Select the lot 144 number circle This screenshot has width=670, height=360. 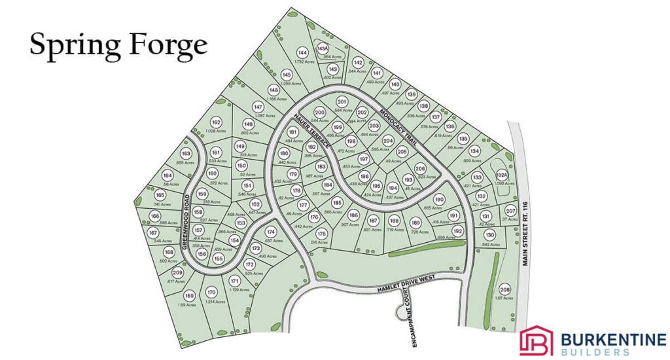[x=302, y=53]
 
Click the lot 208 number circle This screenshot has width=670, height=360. [x=505, y=290]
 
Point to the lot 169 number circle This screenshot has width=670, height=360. [x=189, y=295]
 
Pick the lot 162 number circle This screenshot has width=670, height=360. [x=216, y=122]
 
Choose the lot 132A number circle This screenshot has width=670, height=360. [x=502, y=175]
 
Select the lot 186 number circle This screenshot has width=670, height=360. [x=353, y=216]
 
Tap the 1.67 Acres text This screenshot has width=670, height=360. [x=504, y=298]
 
